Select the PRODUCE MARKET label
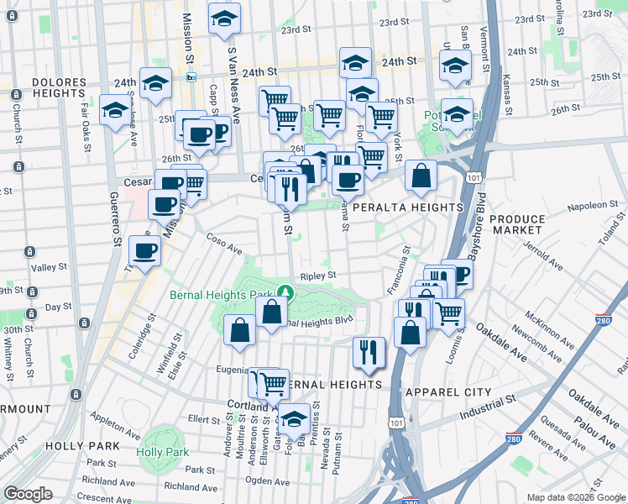[x=516, y=224]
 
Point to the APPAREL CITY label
[x=447, y=392]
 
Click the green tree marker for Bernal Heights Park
[x=287, y=293]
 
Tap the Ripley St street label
[x=318, y=275]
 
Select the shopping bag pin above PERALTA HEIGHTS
[x=421, y=175]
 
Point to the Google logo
[x=29, y=494]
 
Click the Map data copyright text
[x=576, y=497]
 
